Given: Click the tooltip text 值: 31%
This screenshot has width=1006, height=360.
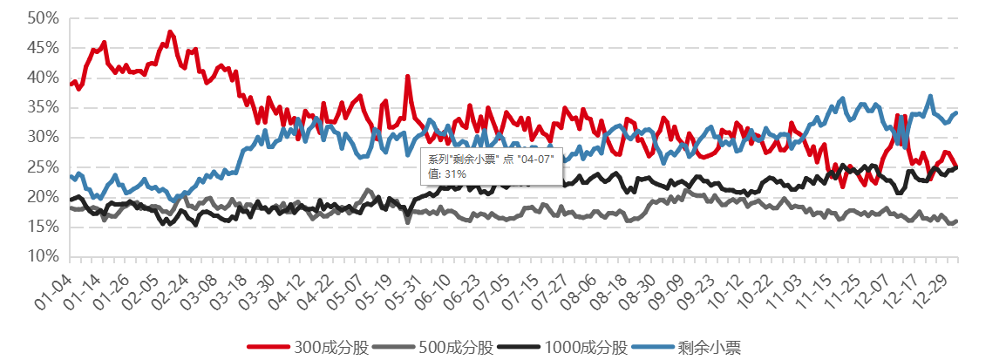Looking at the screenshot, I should (x=447, y=174).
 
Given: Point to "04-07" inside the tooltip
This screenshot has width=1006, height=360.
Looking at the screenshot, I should (x=535, y=160).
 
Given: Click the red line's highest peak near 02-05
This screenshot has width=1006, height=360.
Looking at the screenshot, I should (x=170, y=32).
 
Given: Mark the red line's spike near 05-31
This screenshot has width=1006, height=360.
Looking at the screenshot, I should (x=407, y=77).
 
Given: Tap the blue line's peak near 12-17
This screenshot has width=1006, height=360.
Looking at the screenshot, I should (x=930, y=96).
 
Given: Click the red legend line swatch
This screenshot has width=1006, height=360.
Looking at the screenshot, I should (x=267, y=347).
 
